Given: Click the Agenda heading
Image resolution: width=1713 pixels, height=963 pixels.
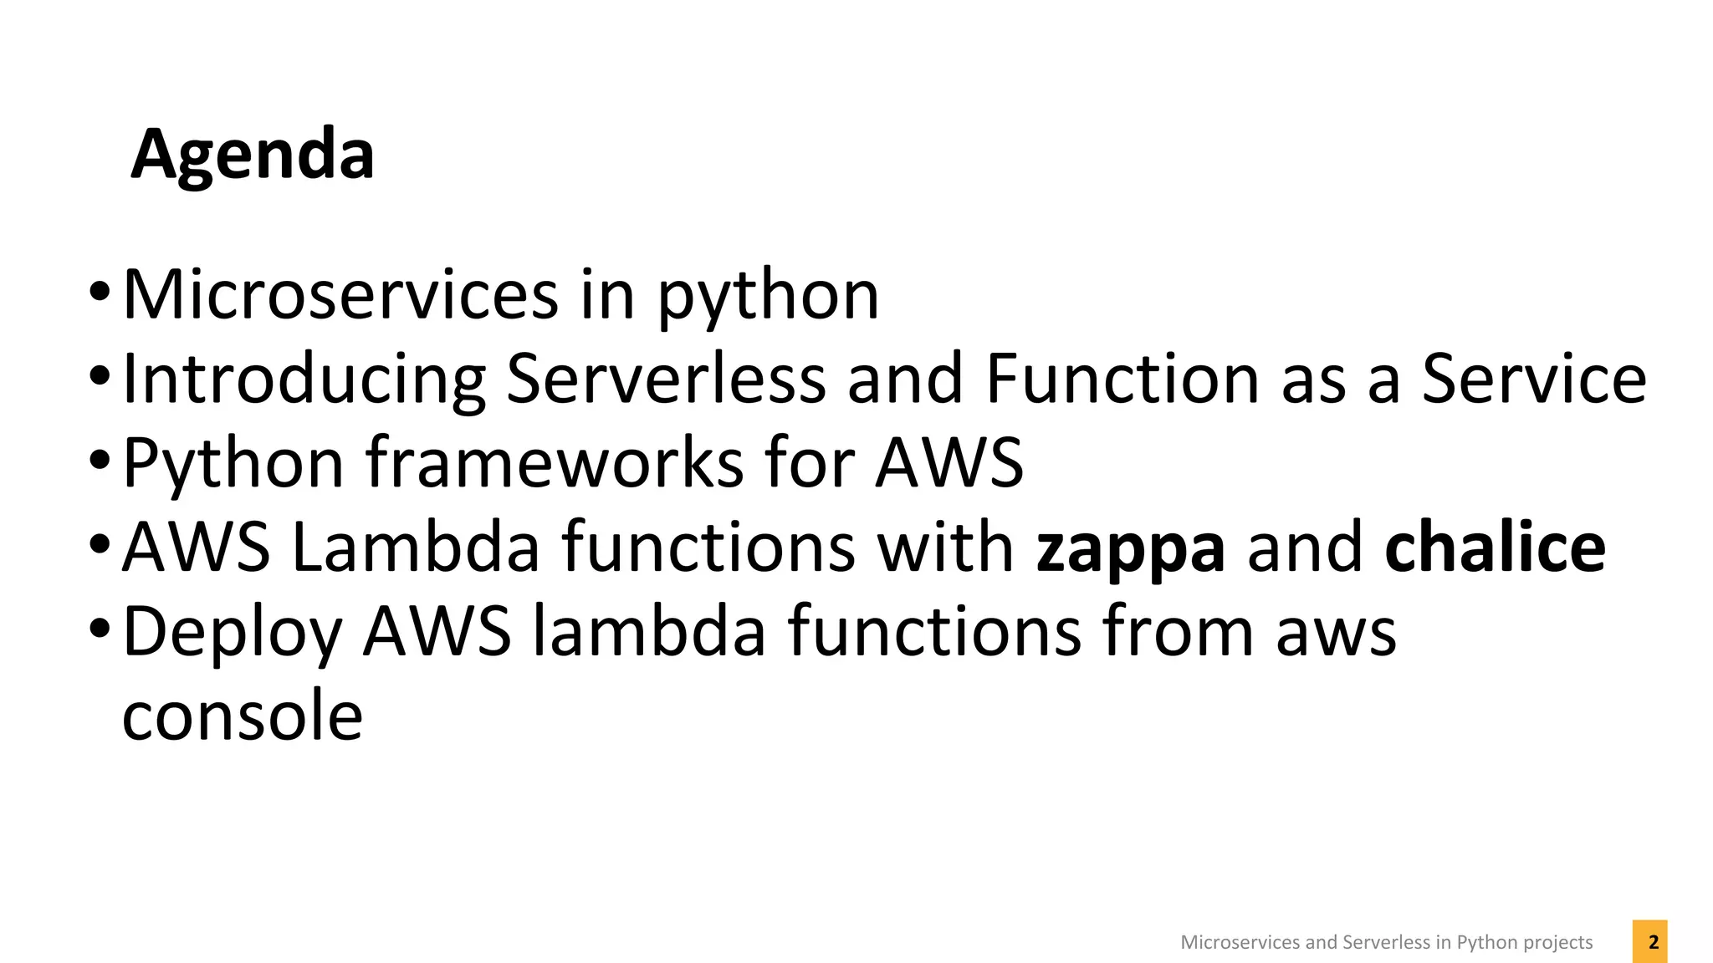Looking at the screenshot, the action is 253,155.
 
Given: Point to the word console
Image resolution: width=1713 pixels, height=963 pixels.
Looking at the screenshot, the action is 243,716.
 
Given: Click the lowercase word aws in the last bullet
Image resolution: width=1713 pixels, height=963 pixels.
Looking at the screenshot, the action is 1336,634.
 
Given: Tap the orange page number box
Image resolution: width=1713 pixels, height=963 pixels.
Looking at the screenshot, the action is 1649,942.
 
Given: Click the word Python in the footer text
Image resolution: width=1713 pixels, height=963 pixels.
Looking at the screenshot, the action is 1482,943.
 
